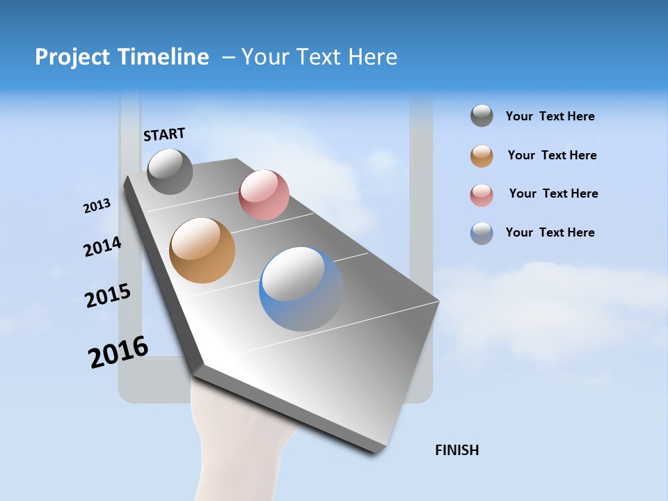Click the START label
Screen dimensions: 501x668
coord(164,134)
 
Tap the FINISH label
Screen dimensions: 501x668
coord(456,450)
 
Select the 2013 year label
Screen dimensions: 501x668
coord(97,206)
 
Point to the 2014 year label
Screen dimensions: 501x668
coord(102,246)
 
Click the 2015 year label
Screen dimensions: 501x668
coord(108,296)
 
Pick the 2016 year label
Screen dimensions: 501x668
coord(118,352)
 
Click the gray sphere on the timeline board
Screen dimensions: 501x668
coord(170,171)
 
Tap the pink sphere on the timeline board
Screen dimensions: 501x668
coord(264,194)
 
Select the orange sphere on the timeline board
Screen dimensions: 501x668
coord(202,250)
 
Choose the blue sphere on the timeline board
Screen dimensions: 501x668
coord(301,289)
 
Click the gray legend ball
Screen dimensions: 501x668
coord(482,116)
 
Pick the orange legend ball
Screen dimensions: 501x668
coord(482,156)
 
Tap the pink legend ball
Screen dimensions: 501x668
coord(482,195)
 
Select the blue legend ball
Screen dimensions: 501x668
coord(482,233)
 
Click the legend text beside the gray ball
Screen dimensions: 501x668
coord(550,116)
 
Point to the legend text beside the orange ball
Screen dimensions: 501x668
coord(552,155)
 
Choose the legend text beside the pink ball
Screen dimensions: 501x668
coord(553,193)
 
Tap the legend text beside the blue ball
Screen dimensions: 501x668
coord(550,232)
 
